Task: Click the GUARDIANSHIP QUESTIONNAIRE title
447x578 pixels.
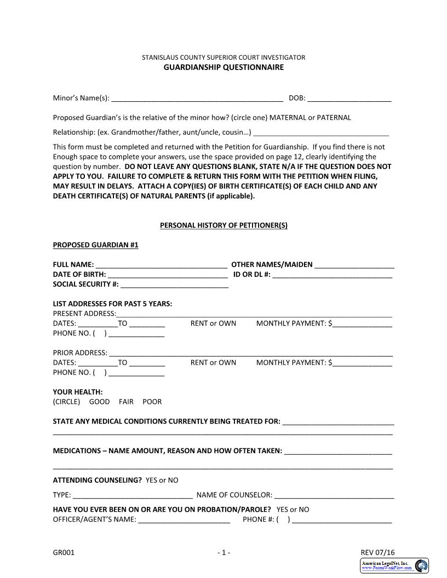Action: click(x=224, y=67)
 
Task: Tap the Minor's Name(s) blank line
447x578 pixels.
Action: click(x=197, y=99)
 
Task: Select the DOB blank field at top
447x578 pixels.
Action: click(x=349, y=99)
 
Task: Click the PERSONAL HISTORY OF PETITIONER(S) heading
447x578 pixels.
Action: click(x=224, y=225)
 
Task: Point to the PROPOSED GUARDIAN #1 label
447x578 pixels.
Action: click(x=95, y=245)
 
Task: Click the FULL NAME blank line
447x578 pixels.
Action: click(x=162, y=265)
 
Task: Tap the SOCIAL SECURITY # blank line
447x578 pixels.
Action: click(x=174, y=285)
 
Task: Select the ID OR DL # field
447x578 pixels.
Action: click(x=332, y=275)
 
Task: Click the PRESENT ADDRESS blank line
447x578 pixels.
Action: click(x=254, y=314)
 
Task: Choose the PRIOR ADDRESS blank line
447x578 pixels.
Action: click(x=250, y=354)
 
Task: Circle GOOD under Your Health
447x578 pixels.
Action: click(x=99, y=402)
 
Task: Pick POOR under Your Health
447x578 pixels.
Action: click(x=152, y=402)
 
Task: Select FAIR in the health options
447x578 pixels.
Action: click(x=126, y=402)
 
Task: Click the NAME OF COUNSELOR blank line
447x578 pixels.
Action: click(x=334, y=496)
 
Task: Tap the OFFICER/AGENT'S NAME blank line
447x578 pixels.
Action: click(x=184, y=520)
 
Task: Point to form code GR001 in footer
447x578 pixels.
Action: click(x=64, y=553)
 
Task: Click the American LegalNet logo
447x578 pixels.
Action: click(x=394, y=566)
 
